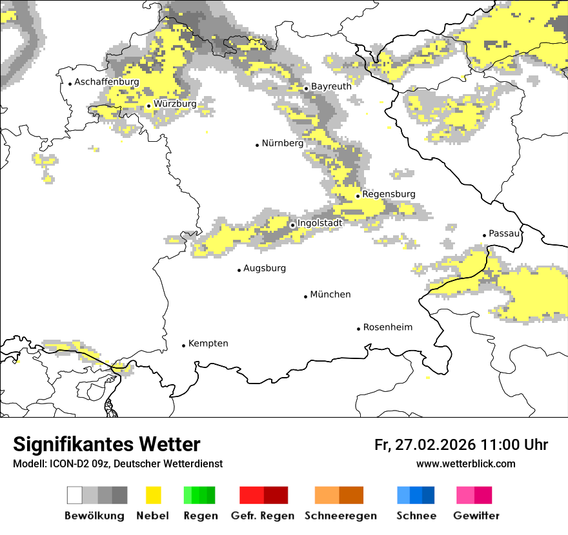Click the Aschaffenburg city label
click(x=107, y=83)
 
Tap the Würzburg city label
click(x=175, y=104)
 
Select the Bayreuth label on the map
click(x=331, y=86)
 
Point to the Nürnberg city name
click(x=282, y=144)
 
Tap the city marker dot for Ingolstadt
click(x=292, y=225)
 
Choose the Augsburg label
click(x=264, y=268)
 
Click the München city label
click(x=330, y=295)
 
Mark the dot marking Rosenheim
click(x=358, y=329)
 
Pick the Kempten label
click(x=208, y=344)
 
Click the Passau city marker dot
click(x=485, y=235)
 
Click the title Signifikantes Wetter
click(x=107, y=445)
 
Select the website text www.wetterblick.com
click(x=465, y=464)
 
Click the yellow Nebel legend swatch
click(x=154, y=495)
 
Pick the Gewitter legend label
click(x=476, y=516)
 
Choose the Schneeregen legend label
click(x=341, y=516)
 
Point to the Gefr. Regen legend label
click(x=263, y=516)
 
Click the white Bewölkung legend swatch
click(x=75, y=495)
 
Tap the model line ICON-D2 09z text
click(x=117, y=464)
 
